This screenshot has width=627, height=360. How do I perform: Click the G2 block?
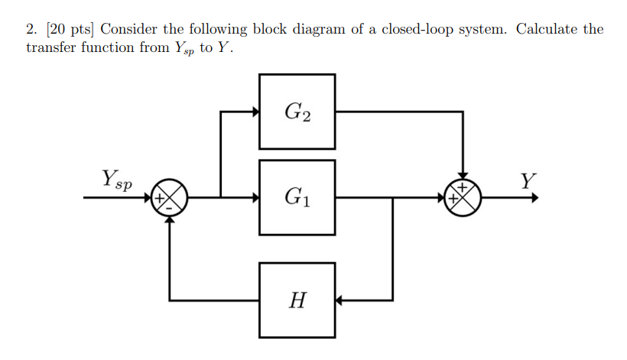pyautogui.click(x=297, y=112)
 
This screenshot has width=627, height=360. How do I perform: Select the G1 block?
pyautogui.click(x=297, y=197)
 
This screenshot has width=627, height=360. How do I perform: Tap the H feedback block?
pyautogui.click(x=297, y=300)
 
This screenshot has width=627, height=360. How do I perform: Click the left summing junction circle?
pyautogui.click(x=168, y=197)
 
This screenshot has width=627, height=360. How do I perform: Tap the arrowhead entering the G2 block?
pyautogui.click(x=255, y=112)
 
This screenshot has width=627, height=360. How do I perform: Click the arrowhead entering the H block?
pyautogui.click(x=340, y=300)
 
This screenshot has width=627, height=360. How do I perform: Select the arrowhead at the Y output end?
pyautogui.click(x=534, y=197)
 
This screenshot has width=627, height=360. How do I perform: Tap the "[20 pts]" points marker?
pyautogui.click(x=70, y=30)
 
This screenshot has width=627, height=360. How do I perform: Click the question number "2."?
pyautogui.click(x=31, y=30)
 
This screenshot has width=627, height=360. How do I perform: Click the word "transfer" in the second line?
pyautogui.click(x=51, y=47)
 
